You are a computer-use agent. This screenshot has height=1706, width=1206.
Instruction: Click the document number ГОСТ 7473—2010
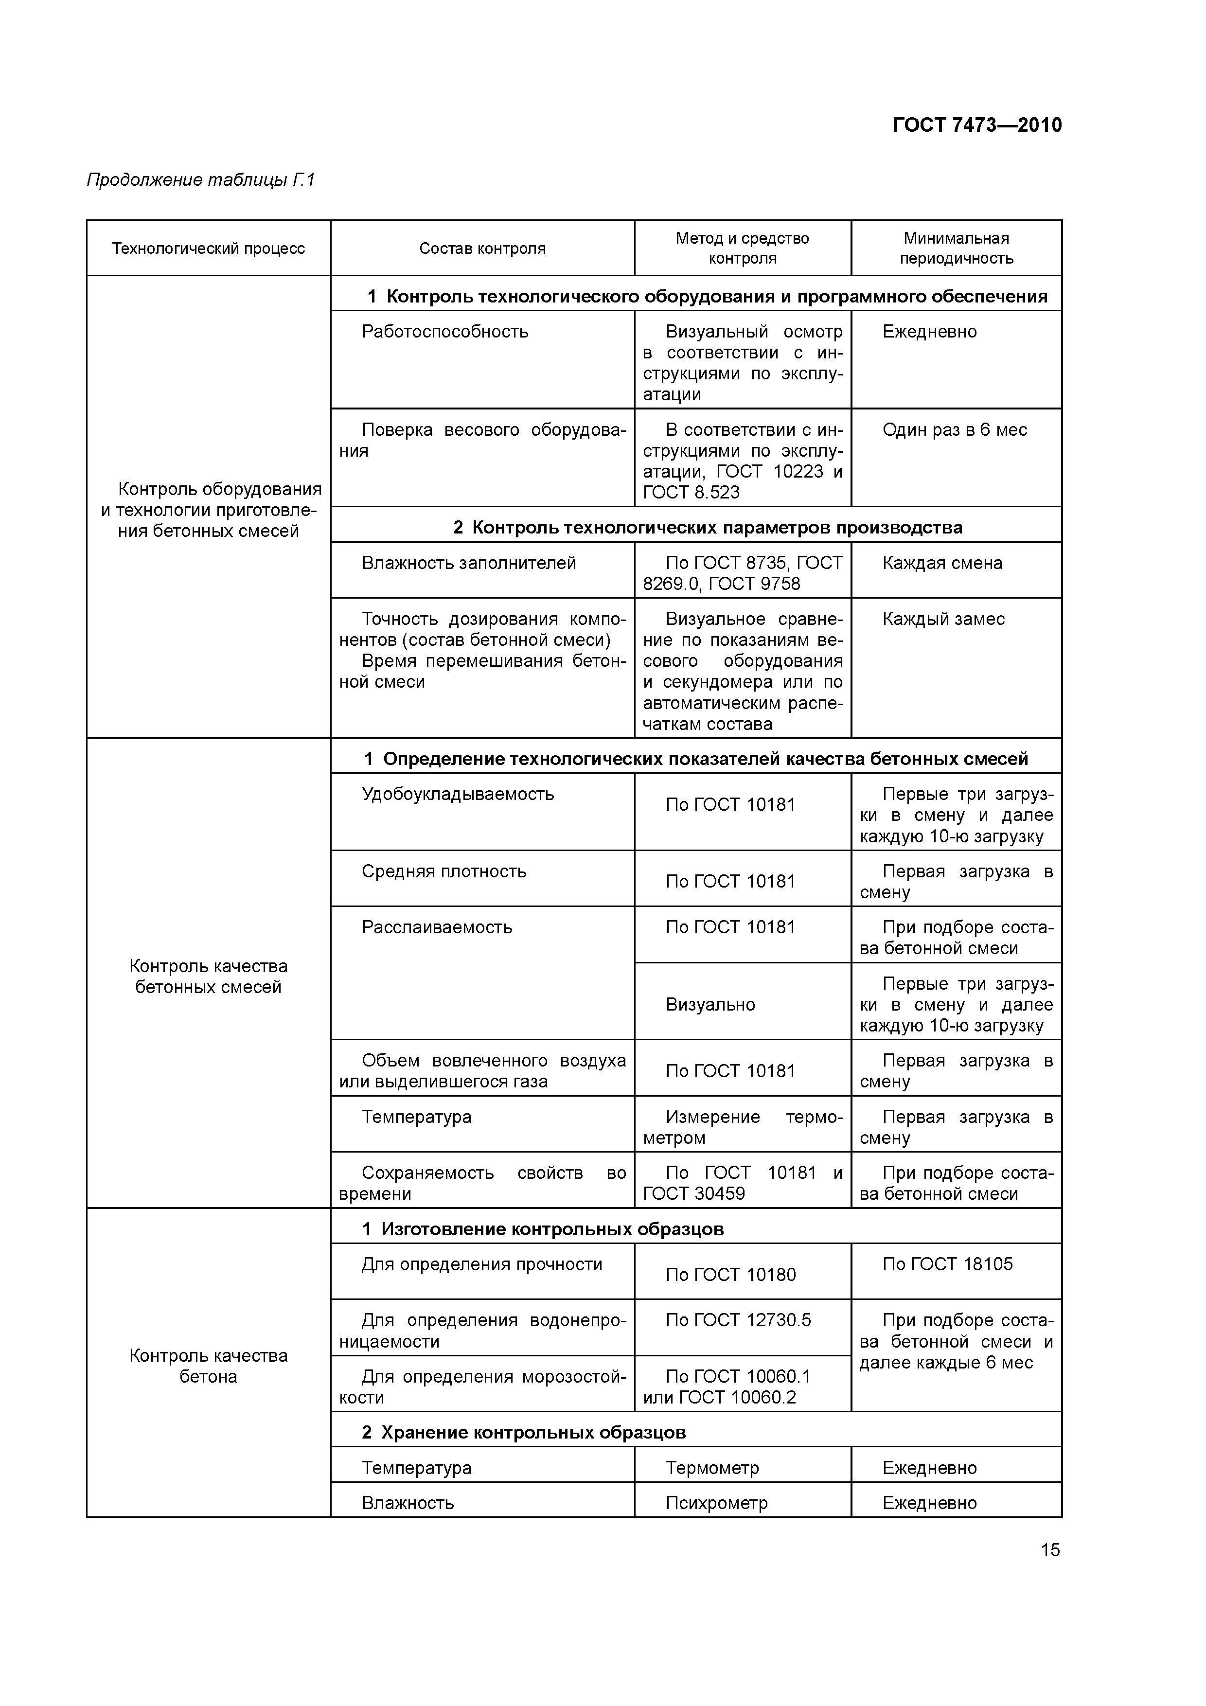click(976, 125)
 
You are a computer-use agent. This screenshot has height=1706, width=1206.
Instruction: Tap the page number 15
click(1050, 1550)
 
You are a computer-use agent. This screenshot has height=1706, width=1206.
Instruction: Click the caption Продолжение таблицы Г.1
click(201, 180)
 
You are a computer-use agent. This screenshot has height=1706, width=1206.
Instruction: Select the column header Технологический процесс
click(208, 248)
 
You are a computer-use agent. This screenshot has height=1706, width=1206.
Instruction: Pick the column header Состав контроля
click(482, 248)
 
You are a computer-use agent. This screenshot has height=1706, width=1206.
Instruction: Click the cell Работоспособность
click(444, 331)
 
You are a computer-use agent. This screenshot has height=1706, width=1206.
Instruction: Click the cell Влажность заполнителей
click(468, 563)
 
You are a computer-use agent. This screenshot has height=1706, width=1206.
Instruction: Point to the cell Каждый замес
click(943, 619)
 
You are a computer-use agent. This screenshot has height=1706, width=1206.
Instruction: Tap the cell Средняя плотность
click(443, 871)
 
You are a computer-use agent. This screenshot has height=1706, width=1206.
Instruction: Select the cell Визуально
click(709, 1005)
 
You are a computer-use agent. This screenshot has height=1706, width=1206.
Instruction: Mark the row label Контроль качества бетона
click(208, 1366)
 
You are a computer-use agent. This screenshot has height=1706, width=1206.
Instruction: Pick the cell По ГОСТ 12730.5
click(738, 1320)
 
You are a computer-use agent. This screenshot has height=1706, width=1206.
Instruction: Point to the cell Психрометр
click(716, 1502)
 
